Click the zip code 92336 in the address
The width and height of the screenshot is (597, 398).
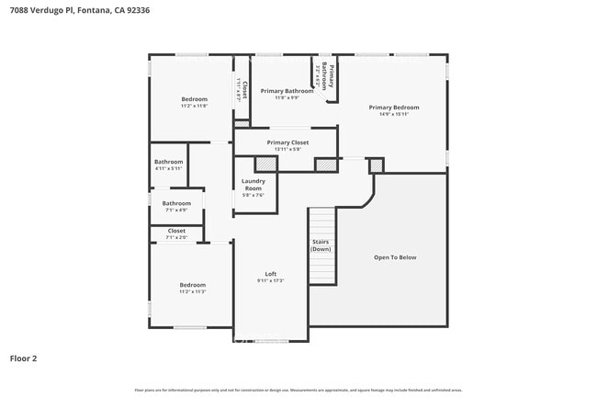click(x=138, y=10)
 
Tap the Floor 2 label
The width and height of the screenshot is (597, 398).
click(x=24, y=358)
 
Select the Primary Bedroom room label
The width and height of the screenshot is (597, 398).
click(x=393, y=108)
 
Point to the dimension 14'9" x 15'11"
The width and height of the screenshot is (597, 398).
click(x=393, y=115)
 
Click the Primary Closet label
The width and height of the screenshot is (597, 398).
click(x=287, y=142)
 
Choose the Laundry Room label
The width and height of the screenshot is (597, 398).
click(x=253, y=185)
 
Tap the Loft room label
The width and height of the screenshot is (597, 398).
click(x=271, y=274)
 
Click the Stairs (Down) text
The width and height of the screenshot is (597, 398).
click(x=321, y=245)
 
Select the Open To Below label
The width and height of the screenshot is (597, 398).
click(x=395, y=257)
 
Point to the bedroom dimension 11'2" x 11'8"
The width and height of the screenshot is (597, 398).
click(x=194, y=107)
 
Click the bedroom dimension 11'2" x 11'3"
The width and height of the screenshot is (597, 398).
click(x=192, y=292)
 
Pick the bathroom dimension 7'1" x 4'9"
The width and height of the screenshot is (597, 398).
click(x=176, y=210)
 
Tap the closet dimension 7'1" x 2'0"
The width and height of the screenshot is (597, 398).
click(x=176, y=237)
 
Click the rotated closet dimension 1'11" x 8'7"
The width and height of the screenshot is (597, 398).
click(x=239, y=92)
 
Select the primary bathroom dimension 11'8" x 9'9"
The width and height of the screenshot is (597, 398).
click(x=287, y=98)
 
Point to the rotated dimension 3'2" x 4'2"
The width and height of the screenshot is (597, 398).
click(x=318, y=76)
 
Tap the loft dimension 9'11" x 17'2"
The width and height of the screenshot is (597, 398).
click(x=271, y=281)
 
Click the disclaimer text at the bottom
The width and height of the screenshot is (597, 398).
click(x=298, y=391)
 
